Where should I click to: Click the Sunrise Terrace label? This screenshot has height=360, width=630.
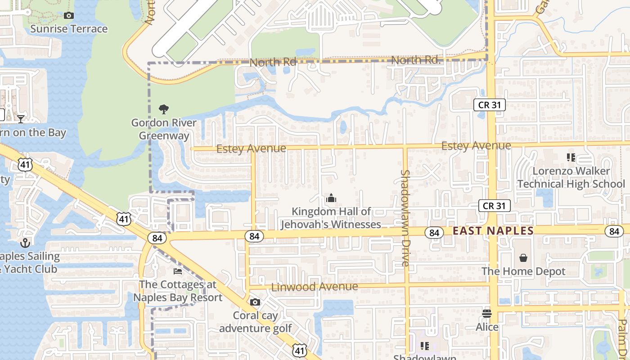[x=69, y=29]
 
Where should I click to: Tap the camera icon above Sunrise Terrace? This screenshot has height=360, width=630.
[x=69, y=16]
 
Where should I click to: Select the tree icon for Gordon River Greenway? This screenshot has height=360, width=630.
[x=164, y=109]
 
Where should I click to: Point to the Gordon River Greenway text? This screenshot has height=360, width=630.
[x=164, y=129]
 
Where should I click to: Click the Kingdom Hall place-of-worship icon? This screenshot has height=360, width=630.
[x=331, y=198]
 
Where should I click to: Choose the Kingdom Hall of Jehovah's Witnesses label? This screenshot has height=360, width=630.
[x=331, y=218]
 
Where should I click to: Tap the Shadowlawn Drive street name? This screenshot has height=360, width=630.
[x=405, y=218]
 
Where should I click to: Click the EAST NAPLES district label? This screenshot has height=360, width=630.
[x=493, y=231]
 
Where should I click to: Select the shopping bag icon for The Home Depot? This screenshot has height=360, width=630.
[x=523, y=258]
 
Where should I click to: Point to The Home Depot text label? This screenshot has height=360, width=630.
[x=523, y=271]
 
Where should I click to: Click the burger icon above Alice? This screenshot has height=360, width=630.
[x=487, y=314]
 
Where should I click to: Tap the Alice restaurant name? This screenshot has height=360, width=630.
[x=487, y=327]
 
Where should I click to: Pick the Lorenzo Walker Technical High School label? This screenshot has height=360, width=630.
[x=571, y=177]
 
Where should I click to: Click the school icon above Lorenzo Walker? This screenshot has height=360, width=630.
[x=571, y=157]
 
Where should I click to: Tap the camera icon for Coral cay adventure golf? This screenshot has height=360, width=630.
[x=255, y=302]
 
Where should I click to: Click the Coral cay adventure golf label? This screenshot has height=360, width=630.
[x=256, y=322]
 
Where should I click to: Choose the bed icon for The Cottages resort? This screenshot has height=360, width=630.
[x=178, y=271]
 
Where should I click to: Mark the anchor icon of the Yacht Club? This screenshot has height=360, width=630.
[x=25, y=243]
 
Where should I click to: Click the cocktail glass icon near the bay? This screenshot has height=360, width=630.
[x=21, y=119]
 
